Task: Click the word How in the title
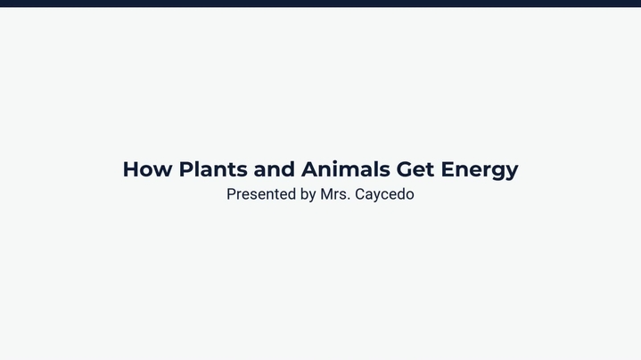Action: tap(148, 169)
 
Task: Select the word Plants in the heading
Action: tap(213, 169)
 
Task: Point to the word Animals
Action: tap(345, 168)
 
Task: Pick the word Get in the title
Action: tap(415, 169)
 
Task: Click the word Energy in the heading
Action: tap(480, 171)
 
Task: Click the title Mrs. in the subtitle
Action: tap(335, 194)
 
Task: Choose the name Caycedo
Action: tap(384, 195)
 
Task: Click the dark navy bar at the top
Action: tap(321, 4)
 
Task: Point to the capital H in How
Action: tap(131, 169)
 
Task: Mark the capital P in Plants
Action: tap(186, 169)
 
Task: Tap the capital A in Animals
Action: tap(310, 169)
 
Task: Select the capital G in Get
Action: tap(405, 169)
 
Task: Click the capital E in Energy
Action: tap(448, 169)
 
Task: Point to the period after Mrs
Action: tap(349, 200)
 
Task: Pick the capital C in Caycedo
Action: tap(360, 194)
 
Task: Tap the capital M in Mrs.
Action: tap(326, 194)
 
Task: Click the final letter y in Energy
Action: tap(512, 173)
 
